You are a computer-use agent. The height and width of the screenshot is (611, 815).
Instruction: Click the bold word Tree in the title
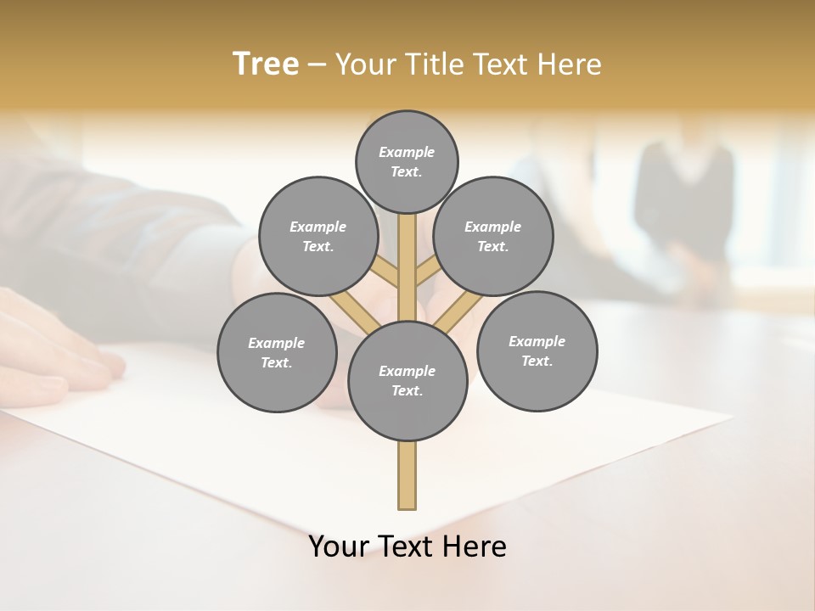click(266, 64)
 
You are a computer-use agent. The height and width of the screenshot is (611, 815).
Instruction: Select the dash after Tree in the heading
click(317, 64)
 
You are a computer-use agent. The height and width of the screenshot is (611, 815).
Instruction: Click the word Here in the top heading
click(572, 64)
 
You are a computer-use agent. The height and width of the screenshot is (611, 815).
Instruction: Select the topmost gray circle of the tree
click(407, 161)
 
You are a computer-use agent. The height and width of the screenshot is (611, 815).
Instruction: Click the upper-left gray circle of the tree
click(318, 236)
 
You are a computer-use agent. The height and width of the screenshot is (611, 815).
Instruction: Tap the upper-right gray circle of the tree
click(493, 236)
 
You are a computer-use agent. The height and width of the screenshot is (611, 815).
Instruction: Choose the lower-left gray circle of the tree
click(277, 352)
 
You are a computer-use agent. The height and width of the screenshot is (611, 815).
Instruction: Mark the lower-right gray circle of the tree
click(537, 350)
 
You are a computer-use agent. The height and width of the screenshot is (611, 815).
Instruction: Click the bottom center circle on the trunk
click(407, 380)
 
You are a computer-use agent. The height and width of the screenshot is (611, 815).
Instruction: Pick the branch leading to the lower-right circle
click(459, 310)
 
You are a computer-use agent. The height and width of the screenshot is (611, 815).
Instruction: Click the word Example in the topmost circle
click(407, 152)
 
